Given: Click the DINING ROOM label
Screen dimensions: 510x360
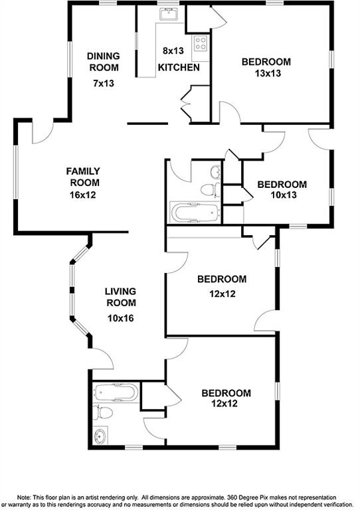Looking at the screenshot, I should click(x=103, y=62).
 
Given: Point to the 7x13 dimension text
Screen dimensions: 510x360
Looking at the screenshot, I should click(x=103, y=84).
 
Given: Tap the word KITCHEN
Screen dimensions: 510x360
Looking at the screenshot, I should click(x=179, y=68).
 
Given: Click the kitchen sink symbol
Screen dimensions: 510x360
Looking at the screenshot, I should click(x=167, y=14).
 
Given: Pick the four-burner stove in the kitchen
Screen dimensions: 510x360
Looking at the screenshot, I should click(x=201, y=44).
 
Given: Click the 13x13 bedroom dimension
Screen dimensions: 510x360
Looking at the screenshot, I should click(x=266, y=73).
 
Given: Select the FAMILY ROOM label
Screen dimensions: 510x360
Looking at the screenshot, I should click(x=82, y=177).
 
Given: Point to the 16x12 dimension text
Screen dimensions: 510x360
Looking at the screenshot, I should click(x=82, y=195).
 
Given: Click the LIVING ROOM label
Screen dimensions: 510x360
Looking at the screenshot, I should click(x=120, y=297).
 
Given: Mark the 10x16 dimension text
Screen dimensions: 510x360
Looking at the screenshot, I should click(x=120, y=317).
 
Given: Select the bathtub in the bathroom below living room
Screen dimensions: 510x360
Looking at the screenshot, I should click(x=117, y=393).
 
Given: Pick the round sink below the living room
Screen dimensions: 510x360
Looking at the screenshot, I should click(x=101, y=436).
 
